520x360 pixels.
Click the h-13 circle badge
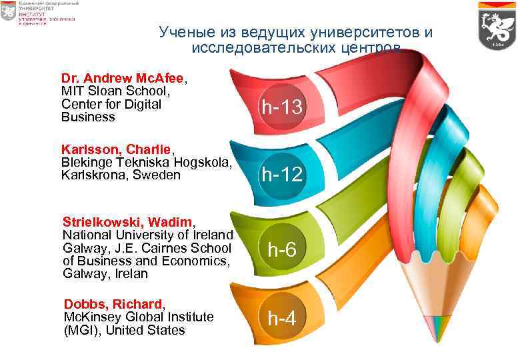(x=282, y=107)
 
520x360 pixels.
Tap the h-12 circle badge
(x=282, y=175)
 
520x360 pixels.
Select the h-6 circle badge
(x=282, y=249)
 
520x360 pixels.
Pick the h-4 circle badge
(x=282, y=319)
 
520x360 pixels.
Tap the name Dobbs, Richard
(x=112, y=304)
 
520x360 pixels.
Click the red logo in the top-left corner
(x=8, y=11)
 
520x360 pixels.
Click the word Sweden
(x=157, y=175)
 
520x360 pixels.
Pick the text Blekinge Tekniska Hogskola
(x=146, y=162)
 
